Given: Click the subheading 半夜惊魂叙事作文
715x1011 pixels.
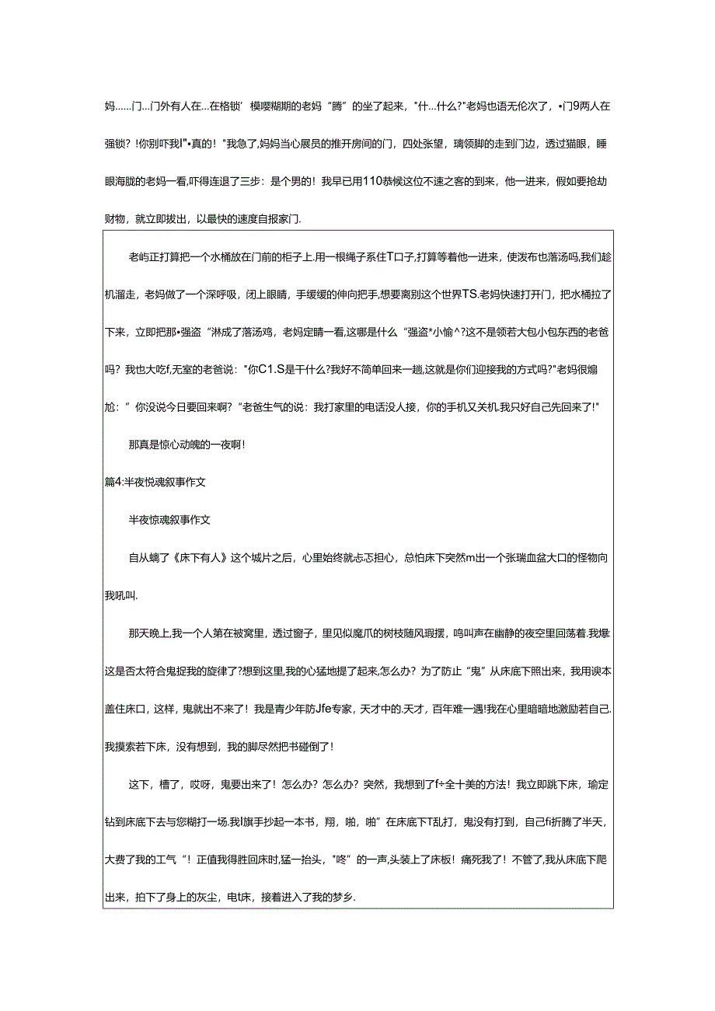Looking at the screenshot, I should click(169, 520).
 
